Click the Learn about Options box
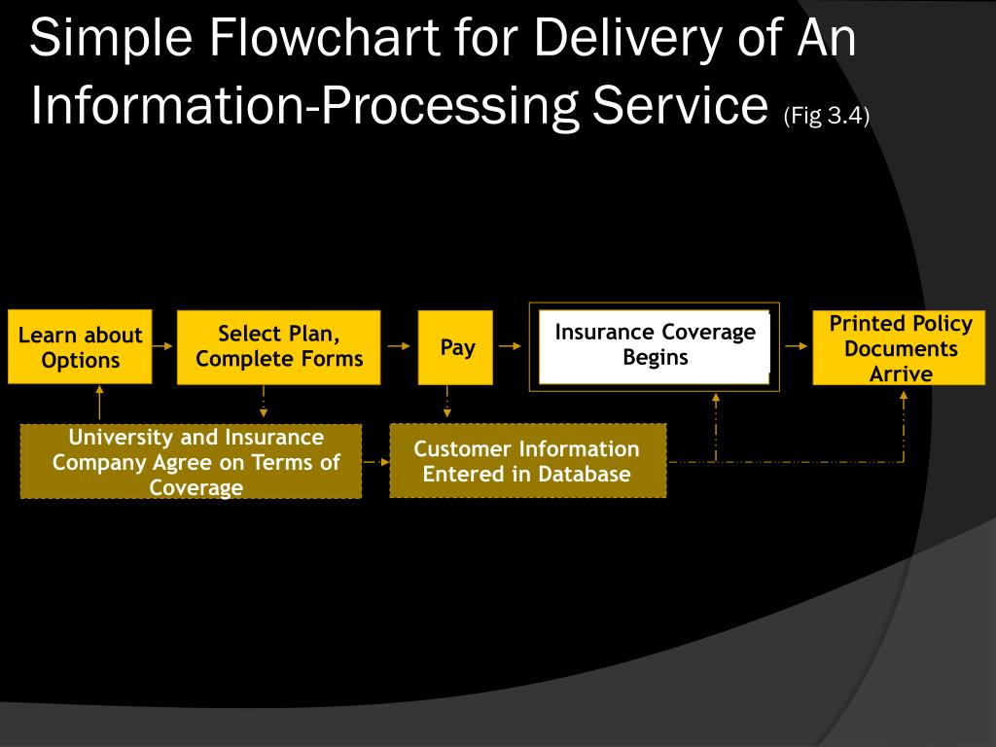pos(80,347)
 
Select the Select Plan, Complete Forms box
pos(279,347)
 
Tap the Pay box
pos(455,347)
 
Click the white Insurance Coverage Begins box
pos(655,347)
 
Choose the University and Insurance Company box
pos(192,462)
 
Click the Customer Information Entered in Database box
pos(528,461)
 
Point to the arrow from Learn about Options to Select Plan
pos(163,346)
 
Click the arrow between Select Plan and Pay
pos(399,346)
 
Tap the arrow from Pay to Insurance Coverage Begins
pos(510,346)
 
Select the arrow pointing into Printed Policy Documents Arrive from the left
pos(797,346)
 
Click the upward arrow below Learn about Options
pos(99,403)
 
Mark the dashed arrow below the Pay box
pos(447,402)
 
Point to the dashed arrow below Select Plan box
pos(264,402)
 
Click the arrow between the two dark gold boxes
pos(376,462)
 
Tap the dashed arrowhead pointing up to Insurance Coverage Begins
pos(716,398)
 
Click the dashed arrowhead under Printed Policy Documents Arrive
pos(904,396)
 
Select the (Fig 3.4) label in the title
pos(827,116)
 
